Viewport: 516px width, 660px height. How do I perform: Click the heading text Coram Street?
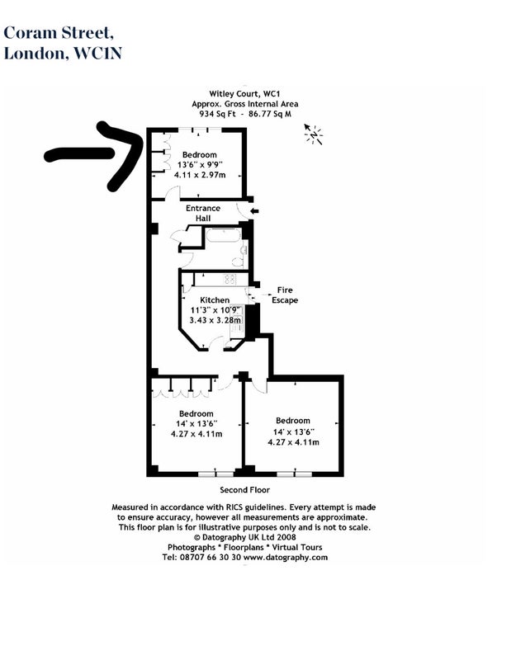58,33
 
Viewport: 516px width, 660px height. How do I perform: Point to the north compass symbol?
314,134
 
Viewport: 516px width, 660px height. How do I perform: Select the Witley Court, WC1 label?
244,94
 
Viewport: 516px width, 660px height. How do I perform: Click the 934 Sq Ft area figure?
217,114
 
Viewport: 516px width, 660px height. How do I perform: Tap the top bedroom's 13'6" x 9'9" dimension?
200,164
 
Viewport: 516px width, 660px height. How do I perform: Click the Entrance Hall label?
203,213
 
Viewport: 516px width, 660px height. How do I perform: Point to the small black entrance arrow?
254,211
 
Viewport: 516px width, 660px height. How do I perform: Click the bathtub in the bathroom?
223,235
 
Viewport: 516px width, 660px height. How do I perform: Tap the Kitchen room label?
215,300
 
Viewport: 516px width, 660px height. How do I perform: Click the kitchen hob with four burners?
230,279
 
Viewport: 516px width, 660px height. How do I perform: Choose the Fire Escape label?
285,295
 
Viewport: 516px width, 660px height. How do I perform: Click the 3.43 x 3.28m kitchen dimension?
215,320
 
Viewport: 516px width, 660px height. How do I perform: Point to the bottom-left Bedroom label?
196,414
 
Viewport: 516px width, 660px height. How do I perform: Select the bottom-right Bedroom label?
293,421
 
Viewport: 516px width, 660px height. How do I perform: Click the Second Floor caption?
244,490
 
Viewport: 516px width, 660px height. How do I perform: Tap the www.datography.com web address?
286,558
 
